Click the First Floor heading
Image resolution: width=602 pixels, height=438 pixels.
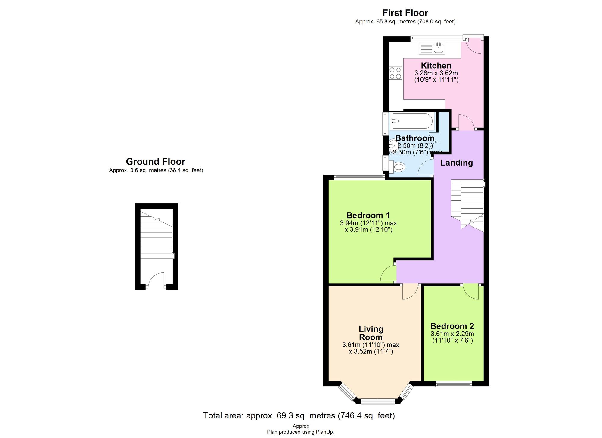click(405, 13)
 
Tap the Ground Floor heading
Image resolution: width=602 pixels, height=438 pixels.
click(155, 162)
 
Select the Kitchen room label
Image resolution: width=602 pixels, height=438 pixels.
click(436, 66)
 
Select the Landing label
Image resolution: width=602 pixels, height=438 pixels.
click(456, 163)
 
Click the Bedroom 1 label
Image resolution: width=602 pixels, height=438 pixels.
click(368, 216)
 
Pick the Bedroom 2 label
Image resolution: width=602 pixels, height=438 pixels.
click(452, 326)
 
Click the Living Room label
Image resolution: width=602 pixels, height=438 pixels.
click(371, 333)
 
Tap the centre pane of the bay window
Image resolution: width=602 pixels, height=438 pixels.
click(377, 401)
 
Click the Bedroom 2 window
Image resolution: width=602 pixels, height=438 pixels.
click(454, 384)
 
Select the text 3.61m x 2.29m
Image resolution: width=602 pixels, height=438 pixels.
click(452, 334)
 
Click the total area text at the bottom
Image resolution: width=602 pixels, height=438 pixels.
click(299, 416)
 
